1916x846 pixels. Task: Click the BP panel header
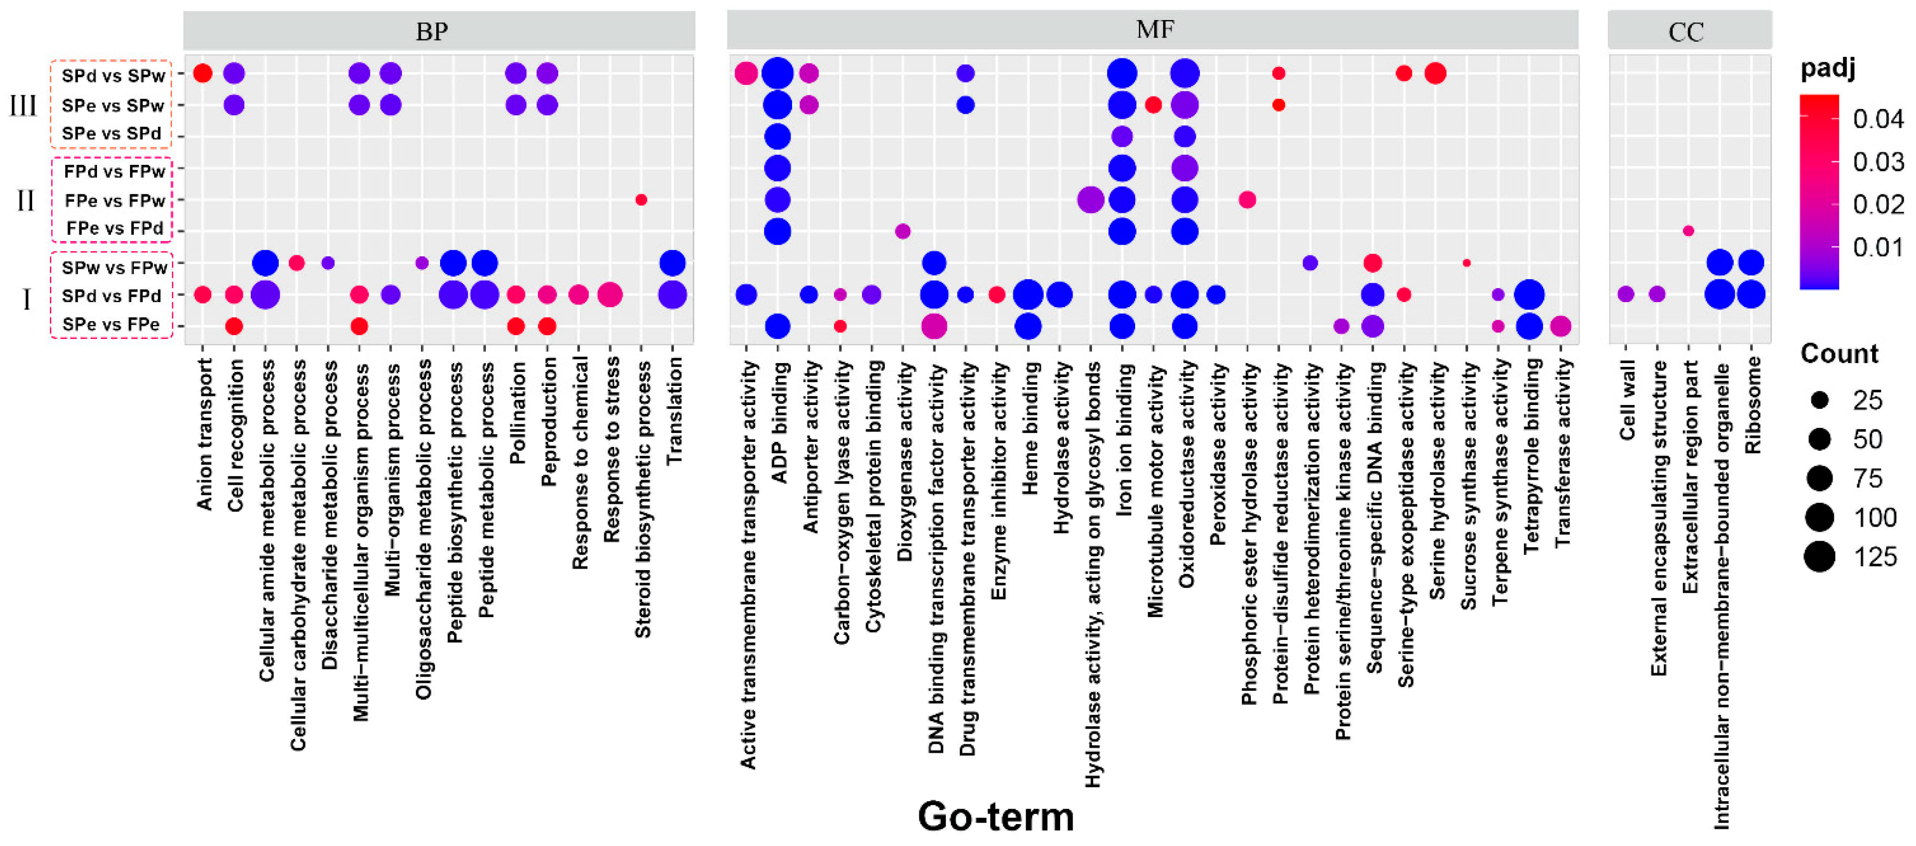432,31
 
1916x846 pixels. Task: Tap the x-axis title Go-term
995,816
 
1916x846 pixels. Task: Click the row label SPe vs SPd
111,134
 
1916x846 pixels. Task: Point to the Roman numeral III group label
22,105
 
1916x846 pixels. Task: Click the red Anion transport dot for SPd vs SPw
202,73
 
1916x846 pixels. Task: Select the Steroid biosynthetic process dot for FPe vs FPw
641,199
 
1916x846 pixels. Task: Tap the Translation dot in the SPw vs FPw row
672,262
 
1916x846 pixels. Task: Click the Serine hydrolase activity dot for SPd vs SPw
1435,73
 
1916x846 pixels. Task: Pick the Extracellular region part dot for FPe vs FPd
1689,230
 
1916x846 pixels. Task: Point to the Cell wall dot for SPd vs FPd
1626,295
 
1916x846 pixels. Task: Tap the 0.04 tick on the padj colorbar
1877,119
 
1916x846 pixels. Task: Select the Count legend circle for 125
1820,556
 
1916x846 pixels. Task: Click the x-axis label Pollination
517,413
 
